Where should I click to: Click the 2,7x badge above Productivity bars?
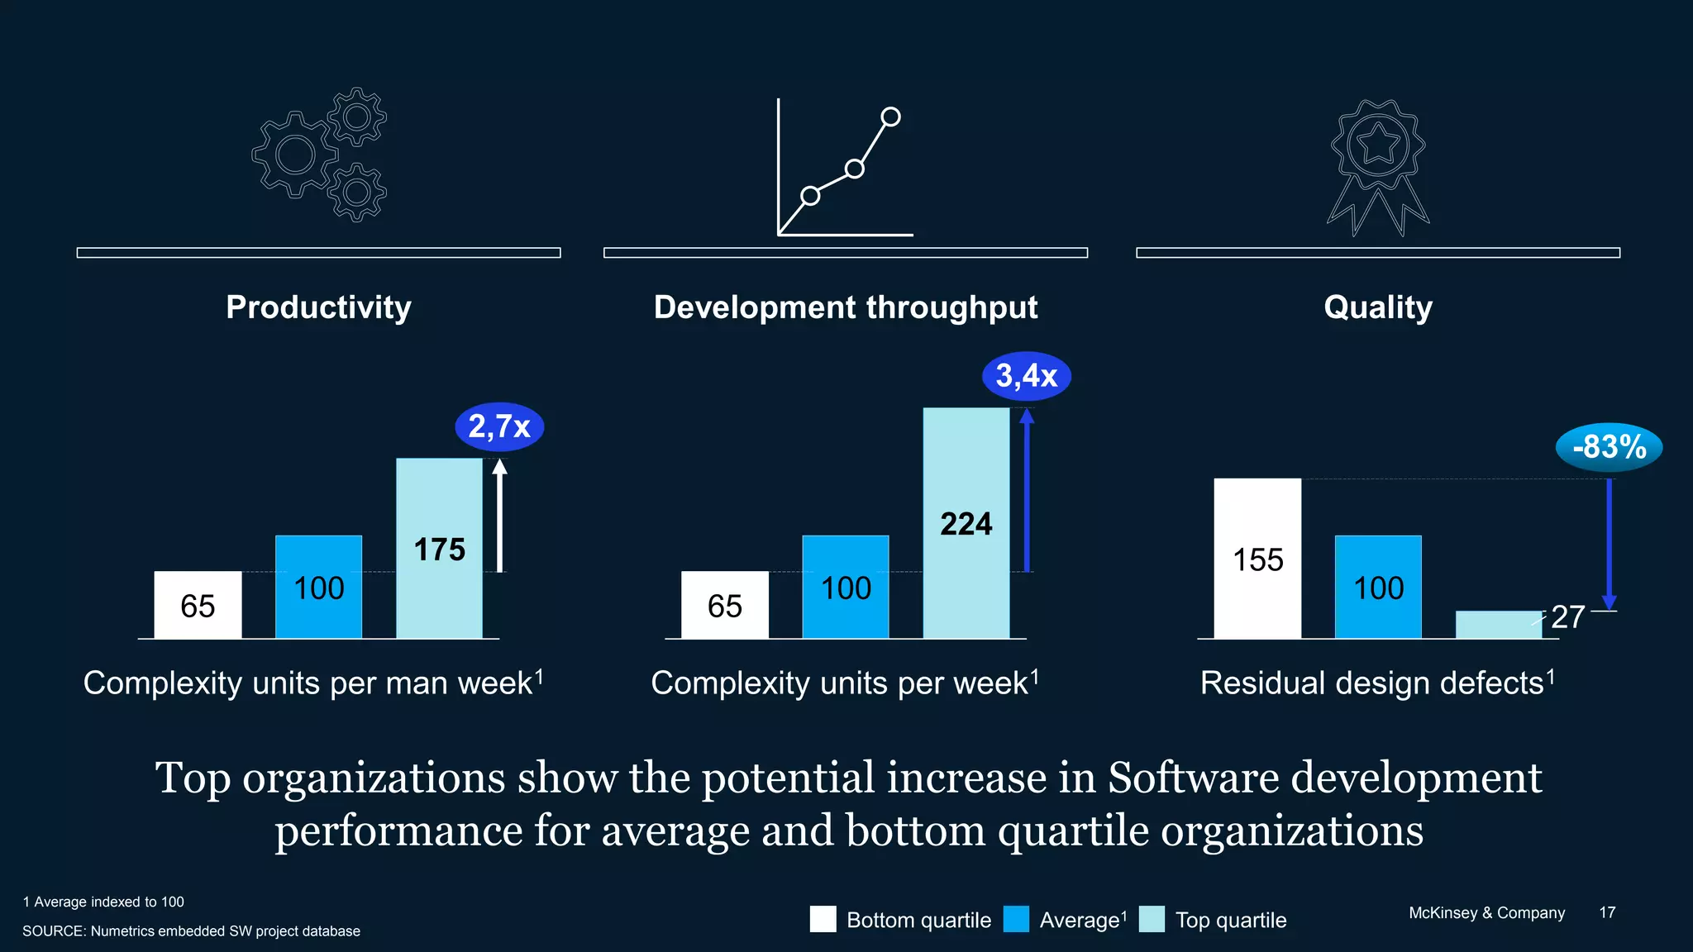499,426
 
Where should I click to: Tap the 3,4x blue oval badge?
1026,376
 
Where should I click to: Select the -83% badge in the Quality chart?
1609,447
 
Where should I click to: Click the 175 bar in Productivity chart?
439,548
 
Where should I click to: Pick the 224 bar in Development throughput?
966,523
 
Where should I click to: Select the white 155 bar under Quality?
1257,559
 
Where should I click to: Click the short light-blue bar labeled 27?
1498,625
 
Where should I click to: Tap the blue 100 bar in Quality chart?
1378,587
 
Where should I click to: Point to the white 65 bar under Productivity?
198,605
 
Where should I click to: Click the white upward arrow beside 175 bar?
499,516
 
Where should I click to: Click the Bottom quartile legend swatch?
823,919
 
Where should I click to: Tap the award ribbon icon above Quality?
1378,165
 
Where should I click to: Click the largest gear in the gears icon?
295,155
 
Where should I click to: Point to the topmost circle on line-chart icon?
890,117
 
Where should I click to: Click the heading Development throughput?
845,307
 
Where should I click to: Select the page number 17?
1606,912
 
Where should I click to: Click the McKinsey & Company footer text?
1486,912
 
